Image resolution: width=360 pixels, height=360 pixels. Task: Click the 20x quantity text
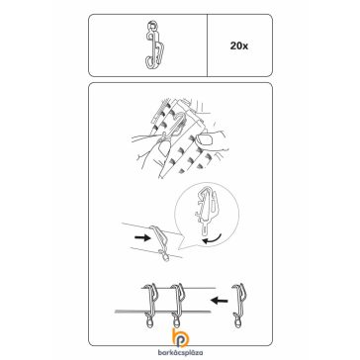[x=239, y=46]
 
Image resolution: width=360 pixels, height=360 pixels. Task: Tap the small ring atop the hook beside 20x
[x=151, y=25]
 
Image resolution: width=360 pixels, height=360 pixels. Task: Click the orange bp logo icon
[x=180, y=338]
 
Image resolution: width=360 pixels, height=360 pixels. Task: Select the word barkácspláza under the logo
[x=180, y=353]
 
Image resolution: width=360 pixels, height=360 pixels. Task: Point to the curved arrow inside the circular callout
[x=212, y=238]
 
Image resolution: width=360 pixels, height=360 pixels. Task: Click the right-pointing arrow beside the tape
[x=142, y=238]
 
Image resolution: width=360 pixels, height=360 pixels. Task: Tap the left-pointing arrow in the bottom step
[x=220, y=301]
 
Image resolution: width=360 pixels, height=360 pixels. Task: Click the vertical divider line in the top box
[x=207, y=45]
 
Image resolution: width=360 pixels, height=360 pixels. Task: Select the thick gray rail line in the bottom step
[x=162, y=312]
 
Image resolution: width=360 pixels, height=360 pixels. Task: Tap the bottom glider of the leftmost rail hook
[x=148, y=320]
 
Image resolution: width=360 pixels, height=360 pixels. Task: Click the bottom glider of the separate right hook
[x=236, y=320]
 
